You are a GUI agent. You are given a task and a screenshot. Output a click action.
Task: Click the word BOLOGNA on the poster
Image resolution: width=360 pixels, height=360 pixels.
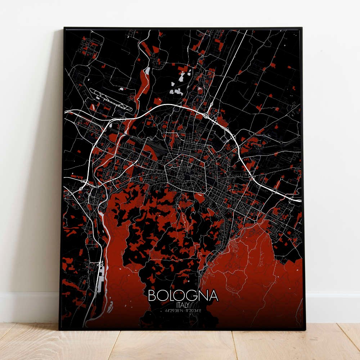coord(183,296)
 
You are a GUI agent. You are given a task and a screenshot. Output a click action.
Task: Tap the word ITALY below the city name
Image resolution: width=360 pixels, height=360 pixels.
coord(183,305)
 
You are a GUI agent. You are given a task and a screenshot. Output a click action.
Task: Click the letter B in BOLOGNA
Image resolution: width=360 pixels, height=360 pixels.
coord(152,296)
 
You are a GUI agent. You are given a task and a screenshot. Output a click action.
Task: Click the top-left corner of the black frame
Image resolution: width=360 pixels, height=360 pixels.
coord(64,28)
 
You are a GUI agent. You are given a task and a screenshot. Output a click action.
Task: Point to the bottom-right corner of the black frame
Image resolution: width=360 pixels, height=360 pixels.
coord(305,329)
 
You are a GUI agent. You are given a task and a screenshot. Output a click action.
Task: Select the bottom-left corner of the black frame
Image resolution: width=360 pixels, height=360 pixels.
coord(60,328)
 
